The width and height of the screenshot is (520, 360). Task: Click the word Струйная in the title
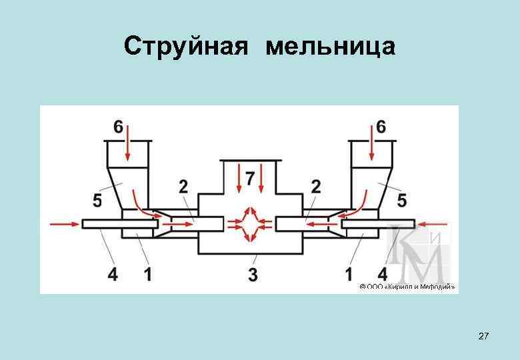186,47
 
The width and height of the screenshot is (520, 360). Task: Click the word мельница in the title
330,47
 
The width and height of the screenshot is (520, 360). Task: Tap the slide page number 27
484,337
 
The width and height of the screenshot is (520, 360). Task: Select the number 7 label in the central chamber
249,179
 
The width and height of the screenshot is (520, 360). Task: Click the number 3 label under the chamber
253,273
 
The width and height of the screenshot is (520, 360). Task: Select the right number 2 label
316,187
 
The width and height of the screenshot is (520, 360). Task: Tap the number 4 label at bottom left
113,273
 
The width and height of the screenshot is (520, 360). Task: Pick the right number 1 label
349,273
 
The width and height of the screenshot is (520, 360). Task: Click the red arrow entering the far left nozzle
64,225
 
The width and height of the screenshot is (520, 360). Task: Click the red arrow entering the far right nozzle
435,225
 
